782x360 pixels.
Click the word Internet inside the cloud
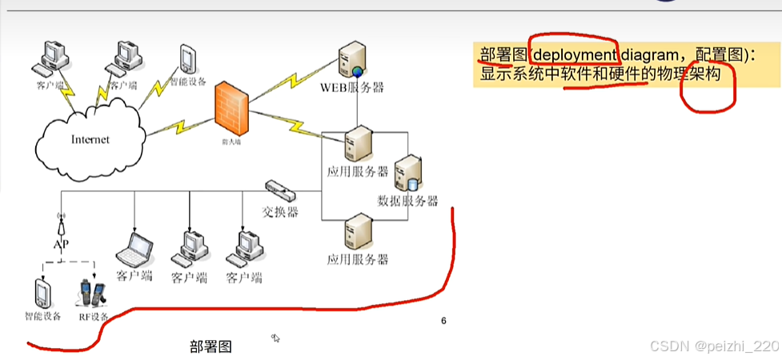pos(90,139)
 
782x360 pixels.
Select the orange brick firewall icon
pos(231,110)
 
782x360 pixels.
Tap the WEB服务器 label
pos(352,87)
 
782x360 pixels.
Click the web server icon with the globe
pos(353,60)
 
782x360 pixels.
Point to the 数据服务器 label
pos(407,201)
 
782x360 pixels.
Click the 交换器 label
pos(280,212)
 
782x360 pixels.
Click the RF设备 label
pos(93,316)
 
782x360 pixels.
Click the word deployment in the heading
pos(574,55)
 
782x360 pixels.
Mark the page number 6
pos(443,322)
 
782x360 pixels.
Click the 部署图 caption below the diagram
pos(211,346)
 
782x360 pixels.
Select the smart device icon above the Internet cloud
pos(186,58)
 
